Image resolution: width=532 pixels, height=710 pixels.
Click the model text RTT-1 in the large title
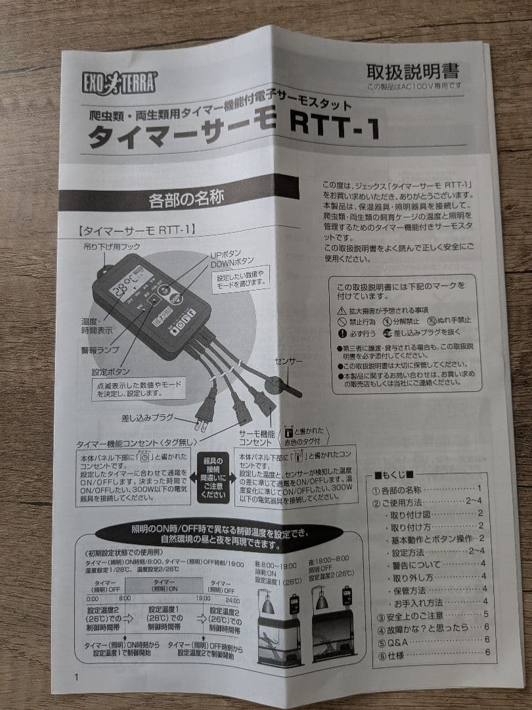click(x=328, y=128)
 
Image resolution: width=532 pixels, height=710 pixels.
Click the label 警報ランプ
click(x=100, y=350)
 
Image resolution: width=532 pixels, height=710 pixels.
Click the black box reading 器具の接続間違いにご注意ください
click(x=213, y=477)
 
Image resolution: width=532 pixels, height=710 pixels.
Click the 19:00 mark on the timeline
click(x=203, y=598)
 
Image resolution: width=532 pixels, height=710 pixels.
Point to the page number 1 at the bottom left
click(x=76, y=678)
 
